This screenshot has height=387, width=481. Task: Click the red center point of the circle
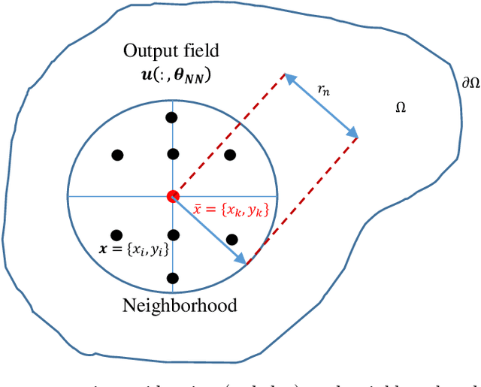click(173, 196)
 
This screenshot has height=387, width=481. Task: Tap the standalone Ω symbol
click(401, 108)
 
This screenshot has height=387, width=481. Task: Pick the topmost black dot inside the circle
click(172, 117)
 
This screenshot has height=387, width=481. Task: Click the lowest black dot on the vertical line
click(173, 277)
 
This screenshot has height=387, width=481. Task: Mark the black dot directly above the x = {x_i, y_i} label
click(116, 234)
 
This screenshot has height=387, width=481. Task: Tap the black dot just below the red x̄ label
click(232, 239)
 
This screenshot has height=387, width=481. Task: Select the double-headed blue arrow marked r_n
click(320, 105)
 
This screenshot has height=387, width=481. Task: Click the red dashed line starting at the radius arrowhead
click(301, 199)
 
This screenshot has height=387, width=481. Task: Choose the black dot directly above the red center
click(173, 154)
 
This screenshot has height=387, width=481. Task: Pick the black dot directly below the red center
click(173, 234)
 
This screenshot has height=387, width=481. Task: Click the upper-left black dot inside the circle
click(116, 155)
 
